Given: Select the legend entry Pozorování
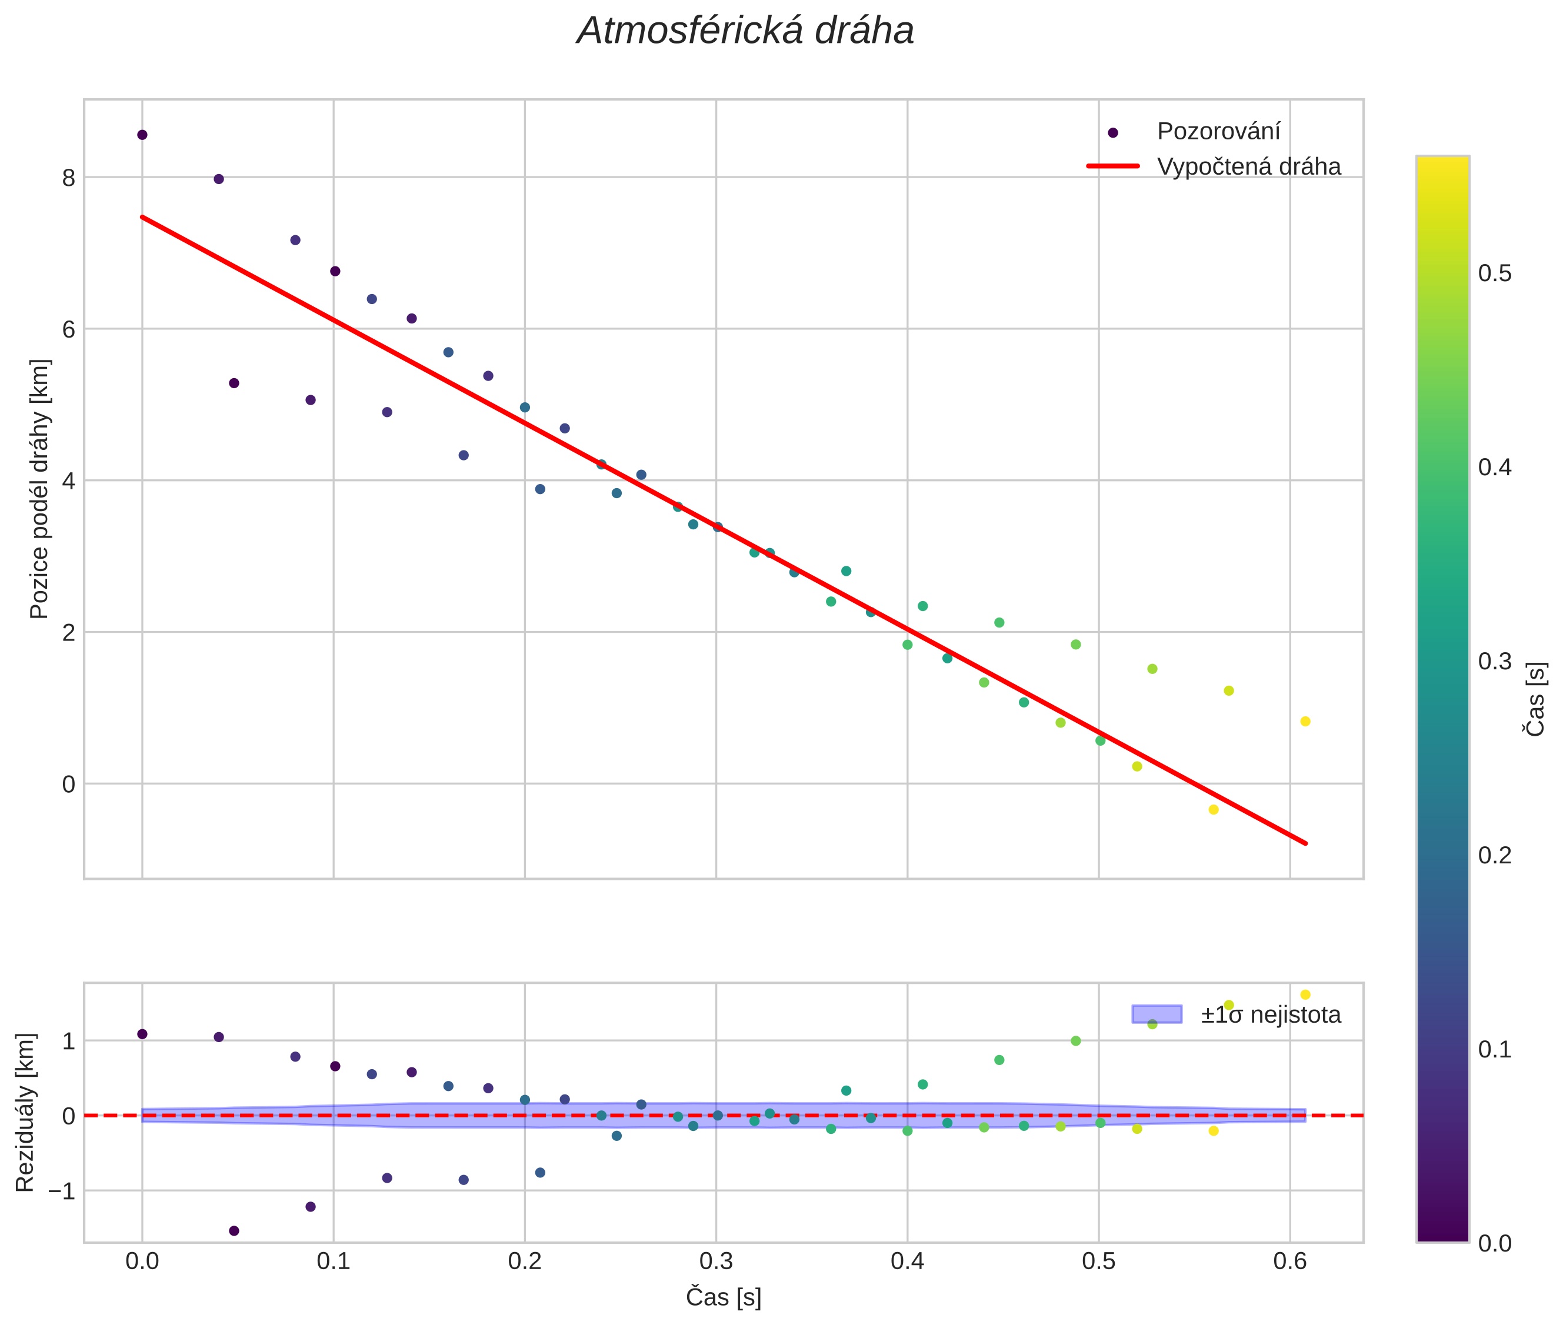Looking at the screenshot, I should click(1217, 132).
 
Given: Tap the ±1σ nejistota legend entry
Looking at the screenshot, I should click(1270, 1015).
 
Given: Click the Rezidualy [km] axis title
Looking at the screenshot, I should click(25, 1113).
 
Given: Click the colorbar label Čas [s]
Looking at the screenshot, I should click(1536, 699).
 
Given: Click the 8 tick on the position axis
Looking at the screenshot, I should click(68, 178).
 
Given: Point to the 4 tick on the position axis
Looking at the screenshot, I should click(68, 480).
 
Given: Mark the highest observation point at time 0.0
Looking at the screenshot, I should click(142, 135).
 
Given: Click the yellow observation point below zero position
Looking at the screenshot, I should click(1213, 810).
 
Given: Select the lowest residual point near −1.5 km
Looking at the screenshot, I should click(234, 1231).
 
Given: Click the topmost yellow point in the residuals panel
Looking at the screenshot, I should click(1305, 994).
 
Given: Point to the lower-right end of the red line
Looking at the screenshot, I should click(1305, 843).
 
